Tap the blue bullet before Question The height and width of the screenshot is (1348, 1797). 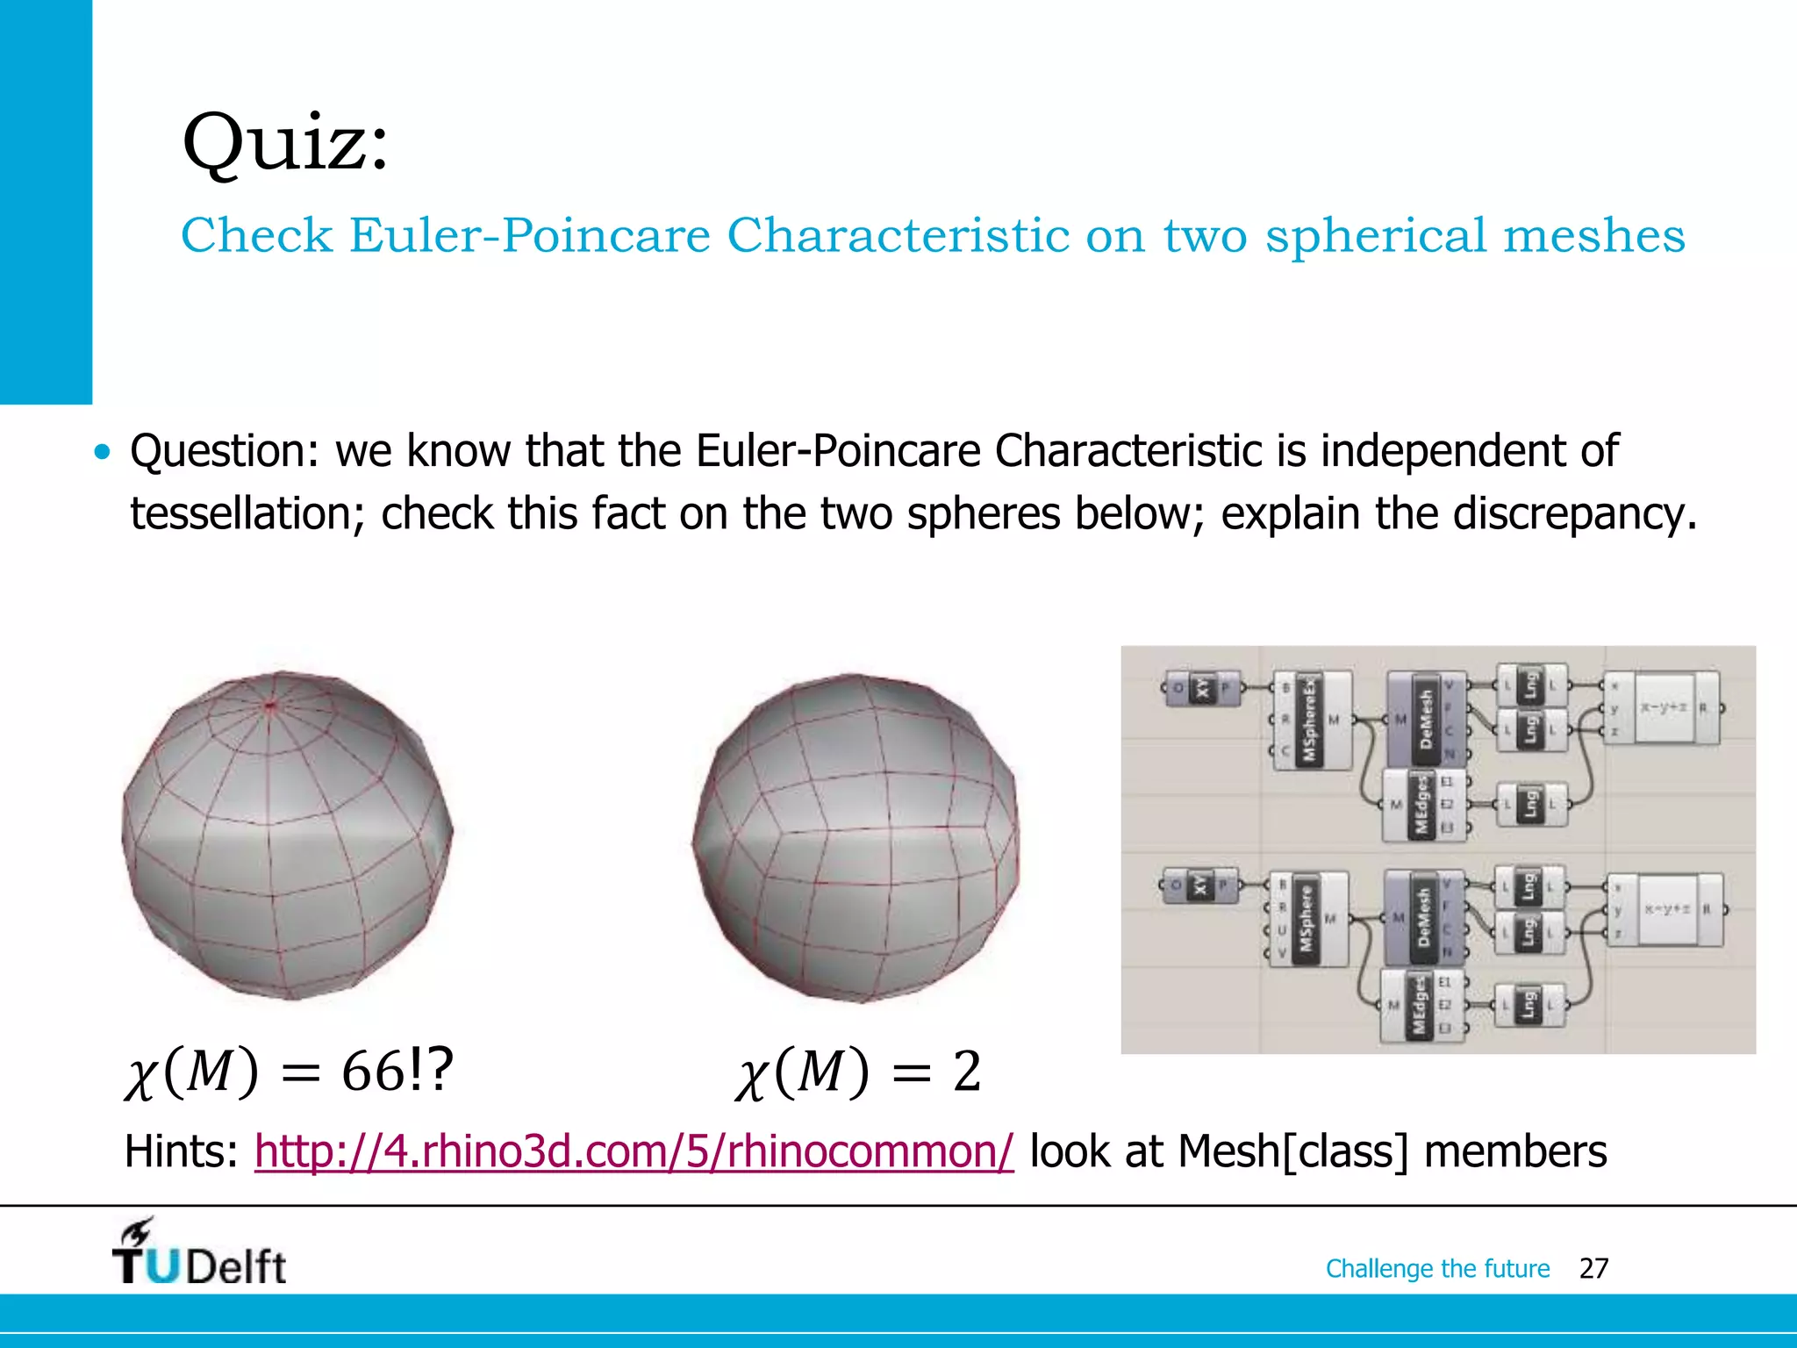click(104, 453)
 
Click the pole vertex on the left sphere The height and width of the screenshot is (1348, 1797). click(270, 704)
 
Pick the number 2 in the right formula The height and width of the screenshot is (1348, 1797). click(966, 1072)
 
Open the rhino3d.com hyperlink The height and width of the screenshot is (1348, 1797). click(634, 1151)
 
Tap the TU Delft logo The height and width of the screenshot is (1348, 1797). click(199, 1253)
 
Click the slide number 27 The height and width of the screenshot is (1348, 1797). click(1593, 1268)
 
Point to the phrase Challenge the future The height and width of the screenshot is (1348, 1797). click(1437, 1268)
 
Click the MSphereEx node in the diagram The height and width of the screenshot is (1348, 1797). click(1311, 720)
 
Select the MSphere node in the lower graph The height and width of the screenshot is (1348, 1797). click(1307, 918)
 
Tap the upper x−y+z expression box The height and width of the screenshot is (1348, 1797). click(1664, 707)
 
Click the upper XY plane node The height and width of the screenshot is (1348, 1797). click(1203, 689)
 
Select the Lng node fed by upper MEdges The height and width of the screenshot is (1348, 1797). click(1530, 804)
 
